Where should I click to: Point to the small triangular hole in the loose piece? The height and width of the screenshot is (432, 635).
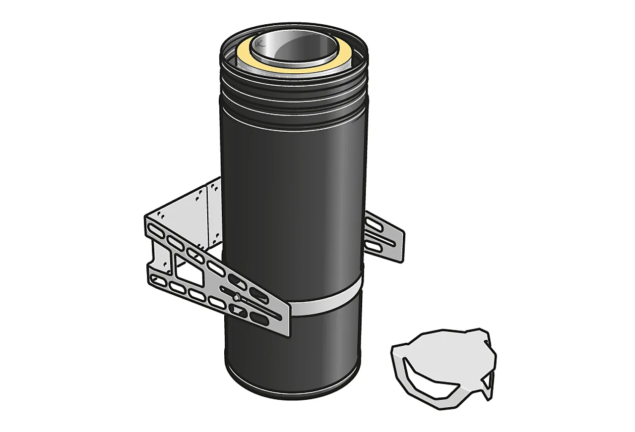pos(489,381)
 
